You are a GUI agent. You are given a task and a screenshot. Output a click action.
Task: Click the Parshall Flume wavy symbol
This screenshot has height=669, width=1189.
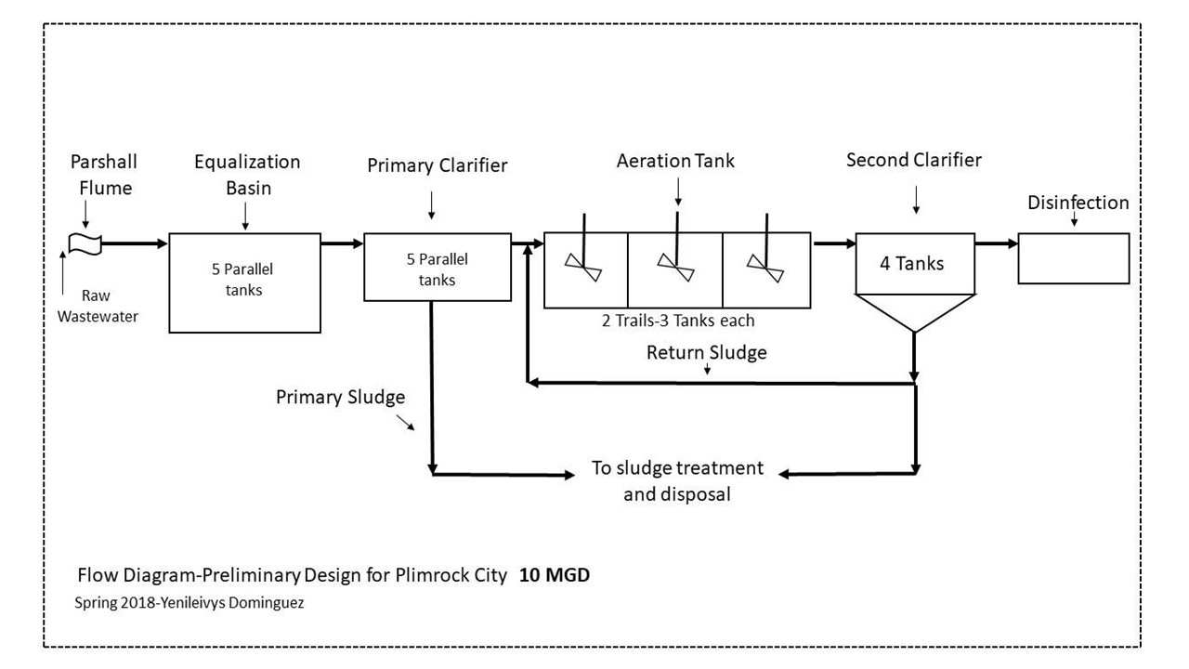coord(82,243)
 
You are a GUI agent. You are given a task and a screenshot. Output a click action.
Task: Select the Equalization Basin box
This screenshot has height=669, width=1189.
coord(243,282)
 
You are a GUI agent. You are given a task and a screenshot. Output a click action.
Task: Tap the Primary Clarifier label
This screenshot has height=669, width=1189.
coord(437,166)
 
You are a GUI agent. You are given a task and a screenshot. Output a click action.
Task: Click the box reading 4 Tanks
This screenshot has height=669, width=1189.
coord(914,264)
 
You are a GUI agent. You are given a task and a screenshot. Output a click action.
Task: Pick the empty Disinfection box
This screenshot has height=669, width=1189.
coord(1073,258)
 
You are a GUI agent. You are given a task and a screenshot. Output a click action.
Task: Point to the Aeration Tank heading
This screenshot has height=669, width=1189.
coord(675,161)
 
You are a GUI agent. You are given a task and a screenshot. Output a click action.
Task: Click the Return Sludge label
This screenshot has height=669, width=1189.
coord(708,353)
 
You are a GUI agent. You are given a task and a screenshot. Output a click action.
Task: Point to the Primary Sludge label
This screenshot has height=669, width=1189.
coord(340,398)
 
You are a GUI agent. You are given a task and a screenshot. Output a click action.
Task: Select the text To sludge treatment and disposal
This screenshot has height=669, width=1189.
coord(677,480)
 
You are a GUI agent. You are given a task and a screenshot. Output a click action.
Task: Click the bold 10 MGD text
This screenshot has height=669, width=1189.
coord(555,575)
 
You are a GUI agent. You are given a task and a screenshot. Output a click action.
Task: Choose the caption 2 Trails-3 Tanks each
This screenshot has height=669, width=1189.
coord(677,321)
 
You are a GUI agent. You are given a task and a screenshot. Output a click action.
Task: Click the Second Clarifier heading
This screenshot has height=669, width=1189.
coord(913,160)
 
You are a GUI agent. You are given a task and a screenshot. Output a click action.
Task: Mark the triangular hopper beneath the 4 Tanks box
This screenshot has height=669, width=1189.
coord(914,309)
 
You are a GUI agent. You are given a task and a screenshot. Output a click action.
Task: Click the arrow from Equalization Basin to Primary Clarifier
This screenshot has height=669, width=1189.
coord(342,243)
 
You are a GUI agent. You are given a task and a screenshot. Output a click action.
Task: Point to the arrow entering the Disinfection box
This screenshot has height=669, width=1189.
coord(996,243)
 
